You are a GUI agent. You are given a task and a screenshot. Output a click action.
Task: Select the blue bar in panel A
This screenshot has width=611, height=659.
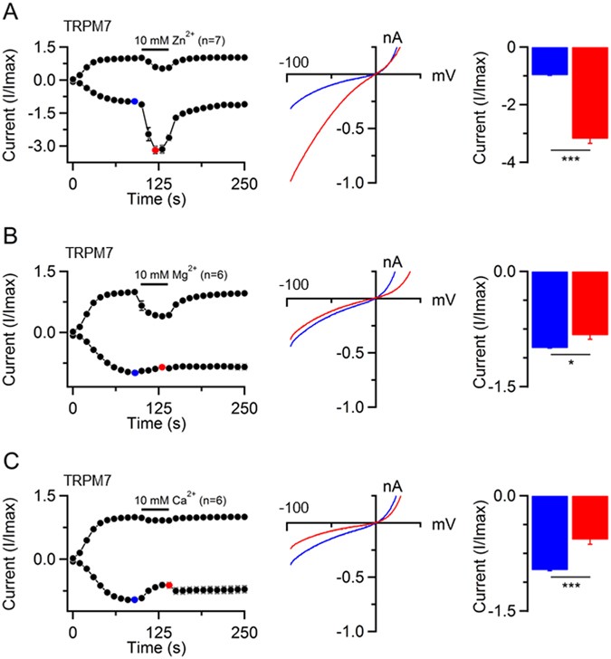click(x=549, y=61)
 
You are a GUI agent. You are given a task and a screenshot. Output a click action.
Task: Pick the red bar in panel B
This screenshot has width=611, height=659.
click(x=587, y=303)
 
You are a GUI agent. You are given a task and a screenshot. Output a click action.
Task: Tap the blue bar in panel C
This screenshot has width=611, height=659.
click(x=549, y=532)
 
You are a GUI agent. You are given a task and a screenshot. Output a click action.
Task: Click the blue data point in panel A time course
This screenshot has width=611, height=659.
click(x=134, y=101)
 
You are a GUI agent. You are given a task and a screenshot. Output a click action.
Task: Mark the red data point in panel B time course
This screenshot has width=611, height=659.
click(x=162, y=367)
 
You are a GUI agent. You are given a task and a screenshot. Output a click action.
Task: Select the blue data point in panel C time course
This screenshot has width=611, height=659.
click(x=134, y=599)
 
